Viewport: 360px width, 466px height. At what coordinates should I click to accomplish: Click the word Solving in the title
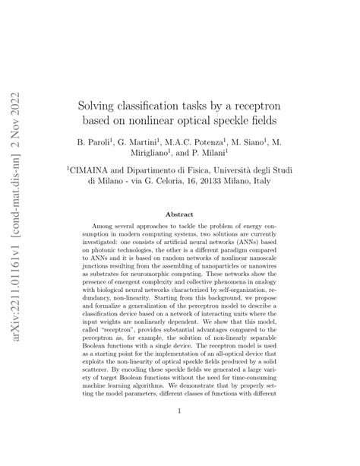coord(101,102)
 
